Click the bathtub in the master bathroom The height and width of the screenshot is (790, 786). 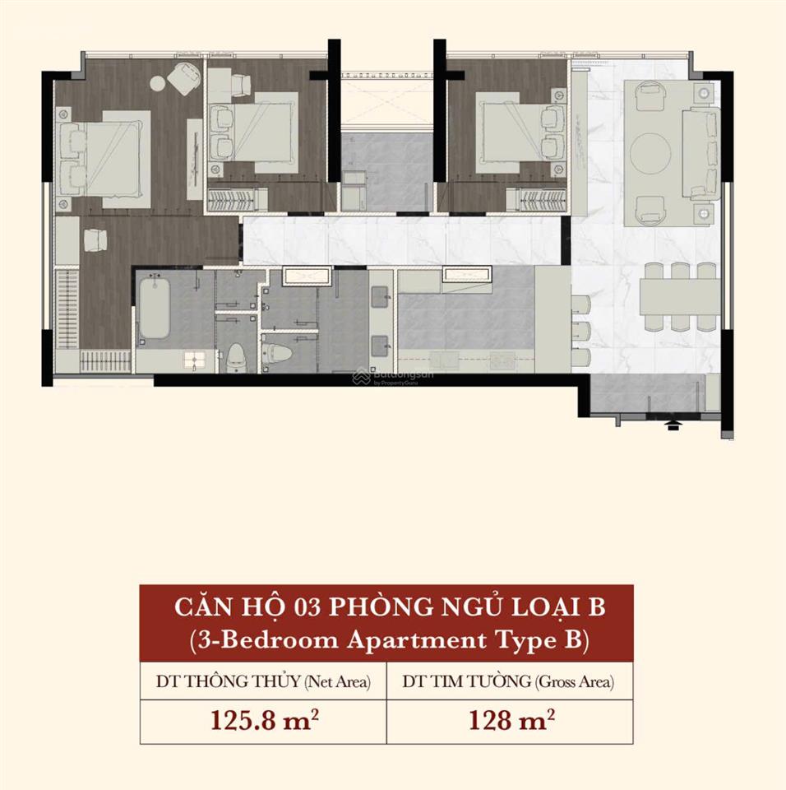[154, 309]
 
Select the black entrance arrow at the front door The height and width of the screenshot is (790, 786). [671, 425]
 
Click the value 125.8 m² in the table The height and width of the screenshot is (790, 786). [265, 720]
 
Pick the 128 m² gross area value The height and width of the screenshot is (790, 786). [511, 720]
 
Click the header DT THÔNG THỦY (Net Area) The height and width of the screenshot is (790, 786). [263, 681]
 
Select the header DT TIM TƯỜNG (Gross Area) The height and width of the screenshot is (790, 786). [508, 681]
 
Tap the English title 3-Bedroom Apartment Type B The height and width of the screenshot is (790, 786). [389, 640]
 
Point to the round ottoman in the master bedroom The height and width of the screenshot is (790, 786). [158, 83]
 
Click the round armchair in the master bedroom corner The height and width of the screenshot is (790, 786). [183, 78]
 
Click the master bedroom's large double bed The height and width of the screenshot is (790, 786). [104, 159]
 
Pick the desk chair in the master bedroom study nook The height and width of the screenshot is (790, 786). [95, 239]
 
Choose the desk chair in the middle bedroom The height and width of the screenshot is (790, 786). [241, 86]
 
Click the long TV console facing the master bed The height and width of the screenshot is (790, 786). [194, 159]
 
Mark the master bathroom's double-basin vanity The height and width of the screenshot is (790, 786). [381, 322]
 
